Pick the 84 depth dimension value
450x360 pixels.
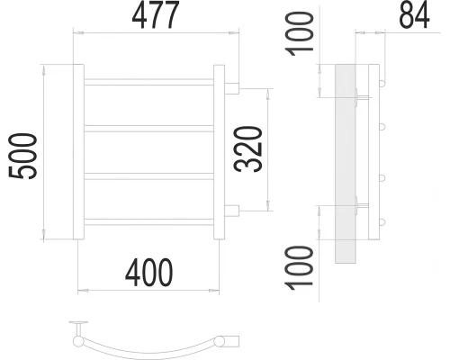coord(413,15)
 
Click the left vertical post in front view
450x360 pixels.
coord(78,152)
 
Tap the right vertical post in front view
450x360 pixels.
coord(219,152)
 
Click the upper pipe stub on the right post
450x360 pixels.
coord(231,88)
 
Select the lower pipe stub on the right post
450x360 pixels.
coord(231,212)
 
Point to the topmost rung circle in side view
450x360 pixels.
coord(382,85)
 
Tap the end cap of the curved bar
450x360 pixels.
coord(231,340)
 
